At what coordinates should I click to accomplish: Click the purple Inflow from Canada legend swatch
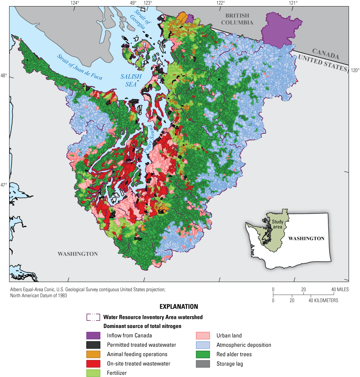93,335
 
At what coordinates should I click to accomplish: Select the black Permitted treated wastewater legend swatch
93,345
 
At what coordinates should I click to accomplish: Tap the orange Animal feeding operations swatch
93,354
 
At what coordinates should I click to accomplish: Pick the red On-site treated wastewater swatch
93,364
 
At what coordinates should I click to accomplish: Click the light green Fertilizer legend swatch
93,373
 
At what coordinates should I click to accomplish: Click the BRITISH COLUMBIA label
239,19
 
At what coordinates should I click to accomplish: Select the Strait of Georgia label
142,20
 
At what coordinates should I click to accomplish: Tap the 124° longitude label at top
75,3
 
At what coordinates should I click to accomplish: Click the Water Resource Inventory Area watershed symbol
93,317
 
